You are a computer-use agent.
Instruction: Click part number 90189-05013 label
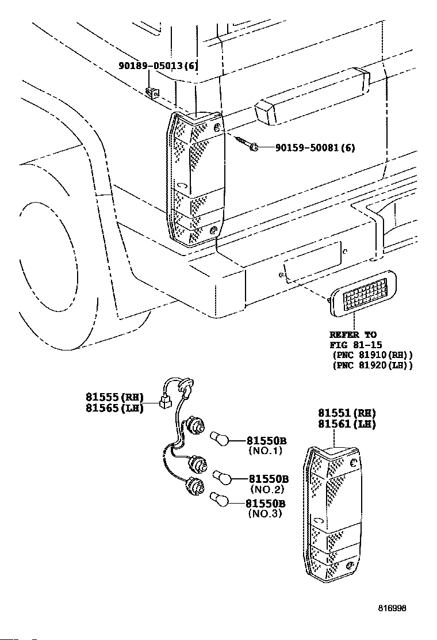[158, 65]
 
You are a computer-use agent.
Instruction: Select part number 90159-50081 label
[315, 147]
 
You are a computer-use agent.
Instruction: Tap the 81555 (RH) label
[114, 397]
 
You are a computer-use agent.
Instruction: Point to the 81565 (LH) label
[114, 407]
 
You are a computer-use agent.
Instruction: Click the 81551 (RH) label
[347, 413]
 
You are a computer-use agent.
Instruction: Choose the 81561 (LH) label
[347, 424]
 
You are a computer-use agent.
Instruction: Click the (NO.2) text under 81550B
[267, 489]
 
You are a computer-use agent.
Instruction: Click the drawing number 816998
[392, 608]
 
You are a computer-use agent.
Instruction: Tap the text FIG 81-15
[355, 345]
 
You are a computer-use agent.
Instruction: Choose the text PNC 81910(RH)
[373, 355]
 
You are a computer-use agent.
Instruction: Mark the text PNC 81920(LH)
[373, 365]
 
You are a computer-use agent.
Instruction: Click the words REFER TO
[353, 335]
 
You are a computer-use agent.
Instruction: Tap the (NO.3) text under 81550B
[265, 513]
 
